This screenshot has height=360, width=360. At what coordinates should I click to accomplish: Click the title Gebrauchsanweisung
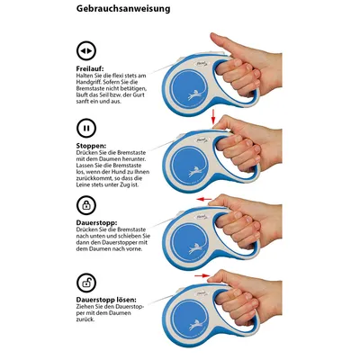click(x=123, y=9)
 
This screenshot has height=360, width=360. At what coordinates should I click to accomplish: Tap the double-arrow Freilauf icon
click(x=86, y=50)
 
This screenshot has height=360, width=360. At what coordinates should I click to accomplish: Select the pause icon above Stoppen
click(x=86, y=128)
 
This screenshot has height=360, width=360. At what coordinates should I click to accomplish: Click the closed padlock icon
click(x=86, y=205)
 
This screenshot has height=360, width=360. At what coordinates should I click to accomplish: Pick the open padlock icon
click(x=86, y=283)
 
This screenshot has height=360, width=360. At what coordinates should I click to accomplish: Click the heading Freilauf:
click(x=90, y=69)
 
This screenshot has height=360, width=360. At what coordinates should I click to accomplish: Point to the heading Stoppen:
click(x=91, y=146)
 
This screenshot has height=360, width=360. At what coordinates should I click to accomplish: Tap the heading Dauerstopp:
click(x=96, y=223)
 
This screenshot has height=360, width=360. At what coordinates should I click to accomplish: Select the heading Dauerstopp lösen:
click(x=106, y=300)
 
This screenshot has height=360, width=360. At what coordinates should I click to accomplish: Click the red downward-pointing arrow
click(x=213, y=117)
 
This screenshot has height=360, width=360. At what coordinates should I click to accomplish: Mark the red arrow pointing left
click(x=203, y=199)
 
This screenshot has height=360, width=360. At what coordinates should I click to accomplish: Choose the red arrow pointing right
click(x=202, y=275)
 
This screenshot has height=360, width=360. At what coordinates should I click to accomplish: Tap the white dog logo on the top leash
click(x=196, y=94)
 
